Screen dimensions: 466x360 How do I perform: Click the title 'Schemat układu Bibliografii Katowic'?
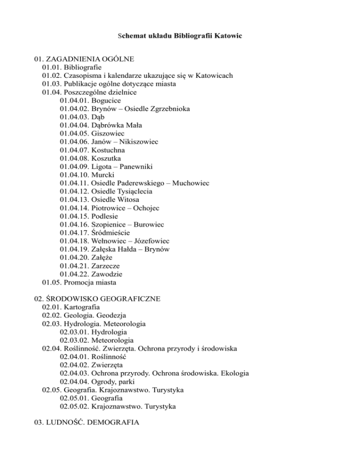coord(180,36)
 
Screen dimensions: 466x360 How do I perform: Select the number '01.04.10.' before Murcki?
coord(75,174)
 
